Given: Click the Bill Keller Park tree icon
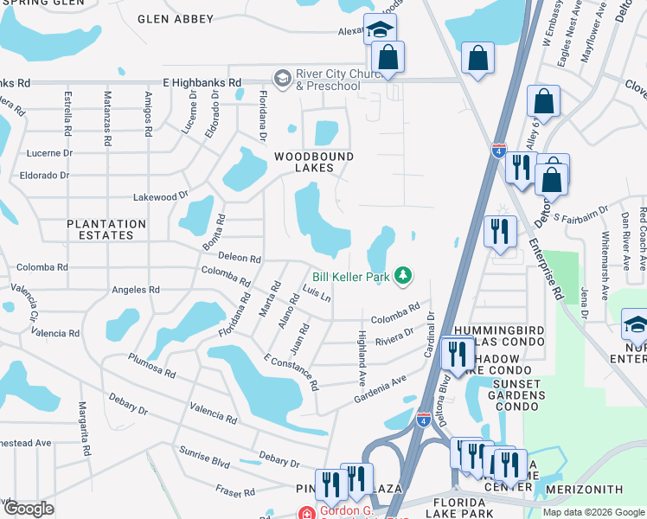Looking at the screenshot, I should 402,276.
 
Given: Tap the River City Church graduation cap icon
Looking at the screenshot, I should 282,79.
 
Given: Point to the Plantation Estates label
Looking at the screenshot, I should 106,230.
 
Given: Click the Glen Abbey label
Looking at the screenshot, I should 176,18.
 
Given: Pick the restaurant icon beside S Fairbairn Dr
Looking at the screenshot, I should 501,232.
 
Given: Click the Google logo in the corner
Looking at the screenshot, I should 29,508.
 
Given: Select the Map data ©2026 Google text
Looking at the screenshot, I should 593,511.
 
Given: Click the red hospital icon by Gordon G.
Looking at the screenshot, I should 304,511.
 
